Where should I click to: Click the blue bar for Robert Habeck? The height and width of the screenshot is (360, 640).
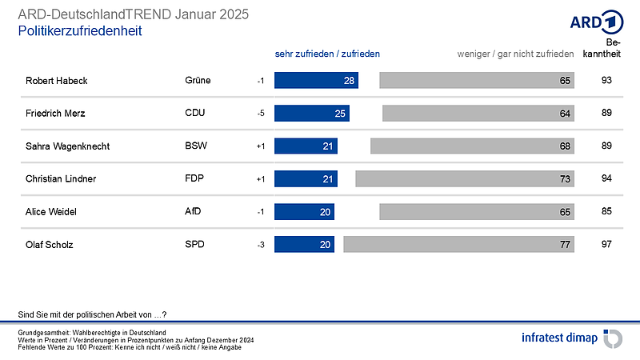316,81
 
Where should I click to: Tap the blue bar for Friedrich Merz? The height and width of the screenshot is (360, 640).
312,114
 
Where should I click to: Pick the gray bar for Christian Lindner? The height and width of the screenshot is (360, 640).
465,179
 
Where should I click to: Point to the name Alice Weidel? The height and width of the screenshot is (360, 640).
50,212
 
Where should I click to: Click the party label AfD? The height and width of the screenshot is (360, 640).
193,212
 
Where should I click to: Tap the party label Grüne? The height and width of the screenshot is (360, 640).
197,81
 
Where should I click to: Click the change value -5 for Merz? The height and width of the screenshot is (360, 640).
260,114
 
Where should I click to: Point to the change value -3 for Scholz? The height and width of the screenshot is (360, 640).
260,245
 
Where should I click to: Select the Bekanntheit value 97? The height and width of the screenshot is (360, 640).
606,245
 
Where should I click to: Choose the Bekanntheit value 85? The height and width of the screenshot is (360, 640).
606,212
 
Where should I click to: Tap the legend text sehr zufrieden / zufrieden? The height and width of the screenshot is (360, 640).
326,54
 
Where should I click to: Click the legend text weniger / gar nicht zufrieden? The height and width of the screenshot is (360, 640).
515,54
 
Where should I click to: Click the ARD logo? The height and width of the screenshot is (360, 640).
595,22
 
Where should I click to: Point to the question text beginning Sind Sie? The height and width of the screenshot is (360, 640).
91,314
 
